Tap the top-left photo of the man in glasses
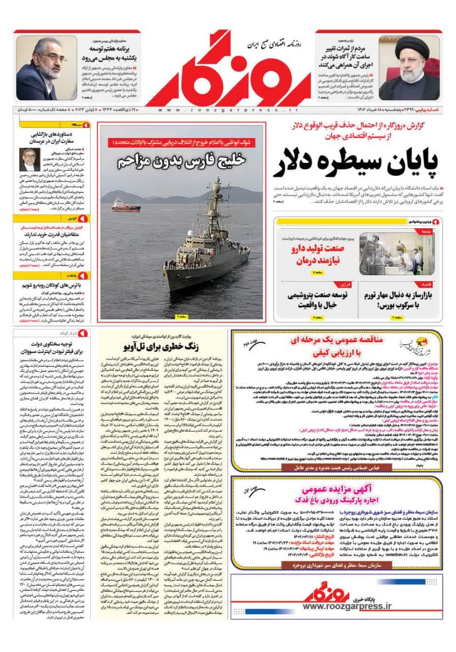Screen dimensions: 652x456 point(37,69)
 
